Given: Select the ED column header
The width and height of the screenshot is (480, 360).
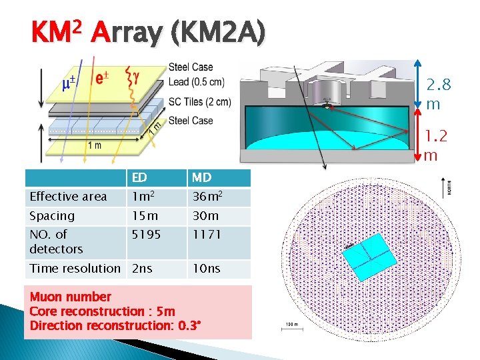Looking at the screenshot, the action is tap(139, 178).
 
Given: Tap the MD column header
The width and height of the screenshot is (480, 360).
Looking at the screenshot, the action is tap(201, 178).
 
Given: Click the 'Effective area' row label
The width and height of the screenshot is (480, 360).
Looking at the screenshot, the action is tap(68, 197).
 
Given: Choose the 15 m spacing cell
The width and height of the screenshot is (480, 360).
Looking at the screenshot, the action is tap(145, 216).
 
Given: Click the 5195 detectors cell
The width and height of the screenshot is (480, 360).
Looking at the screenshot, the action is tap(147, 235).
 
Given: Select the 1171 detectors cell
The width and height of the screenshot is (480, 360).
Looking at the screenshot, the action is tap(207, 235).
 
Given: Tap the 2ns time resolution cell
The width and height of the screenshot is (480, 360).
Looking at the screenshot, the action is tap(142, 269).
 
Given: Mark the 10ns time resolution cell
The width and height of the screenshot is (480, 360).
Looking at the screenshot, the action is tap(207, 269).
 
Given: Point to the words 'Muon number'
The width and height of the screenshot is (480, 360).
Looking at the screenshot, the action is tap(70, 297).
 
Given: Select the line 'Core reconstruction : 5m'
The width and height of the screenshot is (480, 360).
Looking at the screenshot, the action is tap(103, 311).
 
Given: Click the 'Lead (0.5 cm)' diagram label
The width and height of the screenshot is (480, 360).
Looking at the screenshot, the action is tap(197, 83).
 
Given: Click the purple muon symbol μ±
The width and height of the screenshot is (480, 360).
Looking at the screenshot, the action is tap(68, 83).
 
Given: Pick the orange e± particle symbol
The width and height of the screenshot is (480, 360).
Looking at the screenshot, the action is tap(101, 78).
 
